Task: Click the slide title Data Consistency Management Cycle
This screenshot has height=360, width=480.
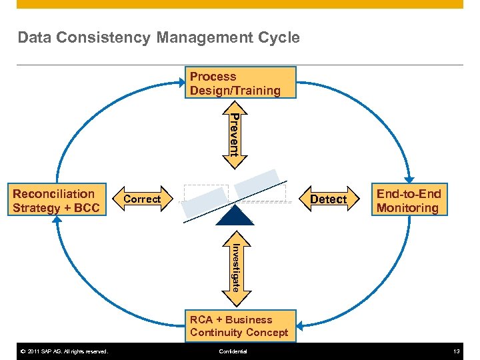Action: pos(159,38)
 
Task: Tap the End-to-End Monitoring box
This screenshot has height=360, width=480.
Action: pos(409,201)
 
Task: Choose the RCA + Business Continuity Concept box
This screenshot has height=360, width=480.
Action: pos(239,326)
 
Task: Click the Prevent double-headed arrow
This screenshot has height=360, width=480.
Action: pos(234,133)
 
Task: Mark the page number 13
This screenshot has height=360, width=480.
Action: pos(457,351)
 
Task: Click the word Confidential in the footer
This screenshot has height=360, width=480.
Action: pos(233,351)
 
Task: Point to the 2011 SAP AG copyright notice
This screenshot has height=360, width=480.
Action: pos(64,351)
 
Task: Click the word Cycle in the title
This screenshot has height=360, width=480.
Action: pos(281,38)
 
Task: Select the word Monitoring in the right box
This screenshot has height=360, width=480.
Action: pos(407,208)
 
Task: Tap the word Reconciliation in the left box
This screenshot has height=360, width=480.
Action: pos(54,194)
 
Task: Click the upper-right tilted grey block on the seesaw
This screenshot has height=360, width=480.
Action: pos(258,182)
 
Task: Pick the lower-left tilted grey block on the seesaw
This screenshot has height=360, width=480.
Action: pos(205,201)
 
